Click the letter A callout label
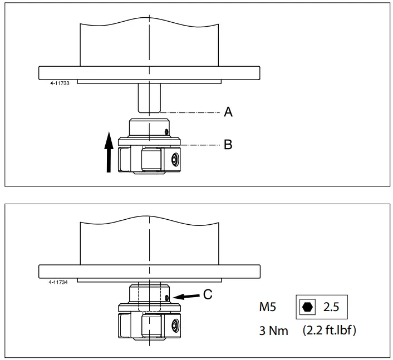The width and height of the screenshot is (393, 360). [228, 112]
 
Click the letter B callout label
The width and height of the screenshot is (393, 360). [228, 145]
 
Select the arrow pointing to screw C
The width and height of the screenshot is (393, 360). [186, 297]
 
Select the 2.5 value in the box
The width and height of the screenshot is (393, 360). [332, 307]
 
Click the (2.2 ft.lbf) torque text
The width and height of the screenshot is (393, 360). [330, 330]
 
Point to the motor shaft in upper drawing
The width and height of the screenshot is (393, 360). [149, 98]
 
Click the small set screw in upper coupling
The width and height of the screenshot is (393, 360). [167, 132]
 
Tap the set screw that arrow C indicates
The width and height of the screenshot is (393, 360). [167, 298]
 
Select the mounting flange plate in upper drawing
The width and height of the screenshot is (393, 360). [149, 73]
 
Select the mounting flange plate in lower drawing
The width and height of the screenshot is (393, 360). [149, 272]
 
